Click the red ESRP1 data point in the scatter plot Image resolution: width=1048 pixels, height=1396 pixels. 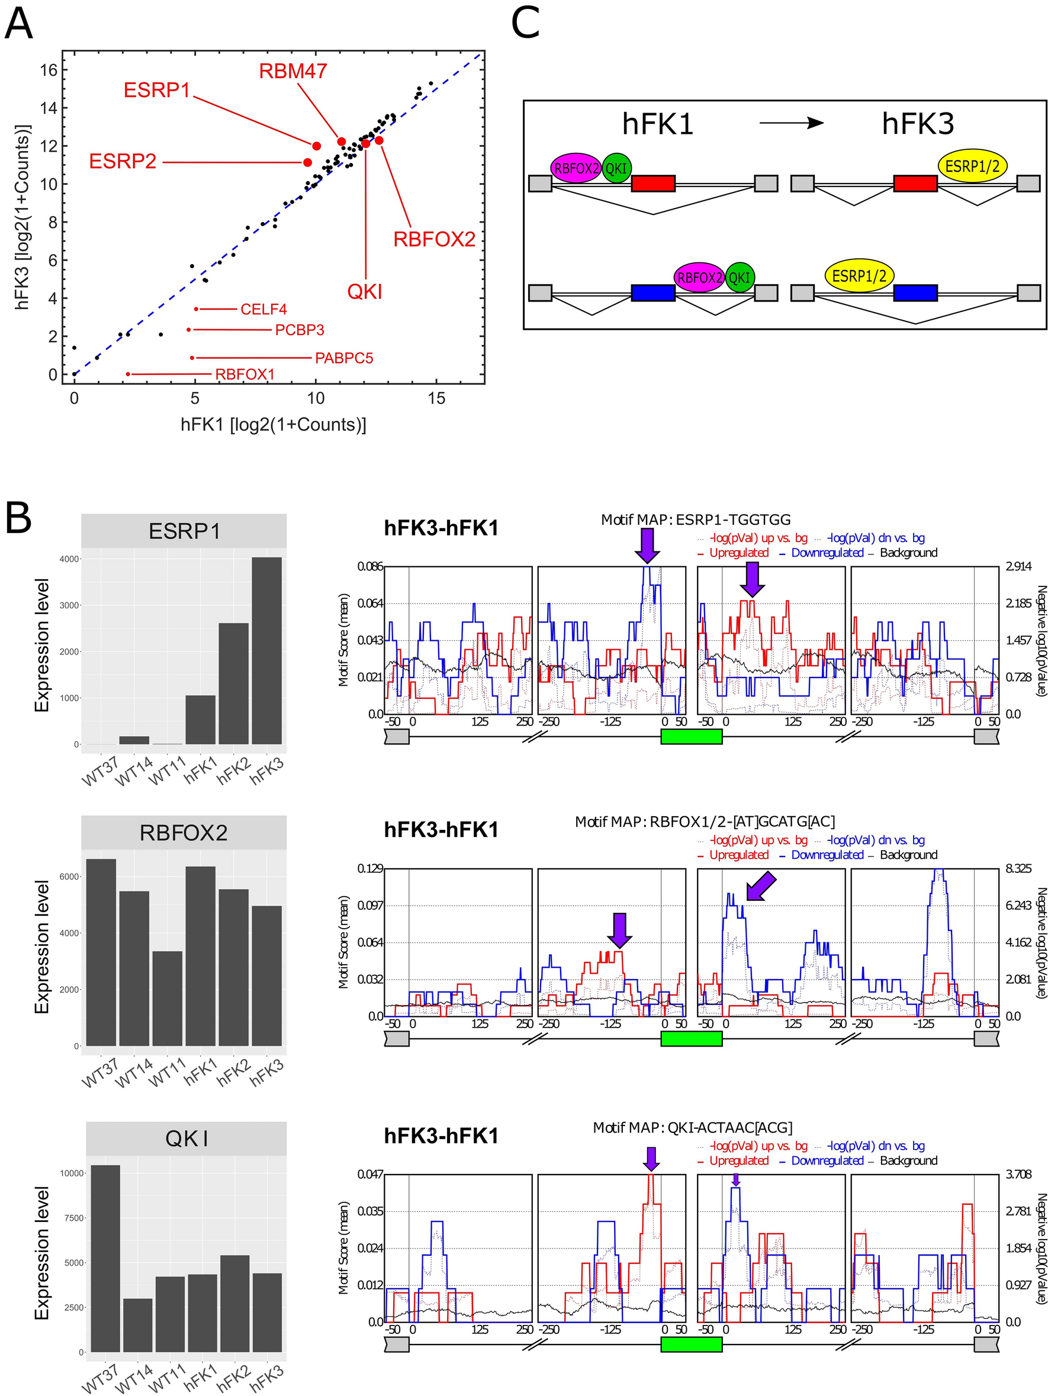(316, 146)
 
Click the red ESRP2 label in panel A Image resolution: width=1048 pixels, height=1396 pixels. (123, 162)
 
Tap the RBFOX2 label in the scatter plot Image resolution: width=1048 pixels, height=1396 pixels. (434, 239)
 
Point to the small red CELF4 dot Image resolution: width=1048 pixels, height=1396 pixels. (196, 309)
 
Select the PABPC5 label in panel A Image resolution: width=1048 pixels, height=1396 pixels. (344, 358)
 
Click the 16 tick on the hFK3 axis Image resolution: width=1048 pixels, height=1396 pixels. (49, 70)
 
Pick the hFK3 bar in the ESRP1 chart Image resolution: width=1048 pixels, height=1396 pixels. (266, 650)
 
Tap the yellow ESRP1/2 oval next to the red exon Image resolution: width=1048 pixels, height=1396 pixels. (972, 166)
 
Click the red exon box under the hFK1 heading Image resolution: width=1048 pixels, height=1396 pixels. (653, 184)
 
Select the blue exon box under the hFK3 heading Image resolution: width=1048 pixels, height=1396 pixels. (915, 293)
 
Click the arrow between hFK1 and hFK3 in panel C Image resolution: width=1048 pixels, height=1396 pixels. (791, 123)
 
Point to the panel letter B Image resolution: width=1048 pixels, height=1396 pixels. (18, 519)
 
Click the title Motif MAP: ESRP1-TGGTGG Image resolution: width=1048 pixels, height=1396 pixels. (695, 520)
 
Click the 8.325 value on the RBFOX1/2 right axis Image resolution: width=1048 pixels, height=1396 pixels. (1018, 868)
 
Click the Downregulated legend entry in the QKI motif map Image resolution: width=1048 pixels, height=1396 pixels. (827, 1161)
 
